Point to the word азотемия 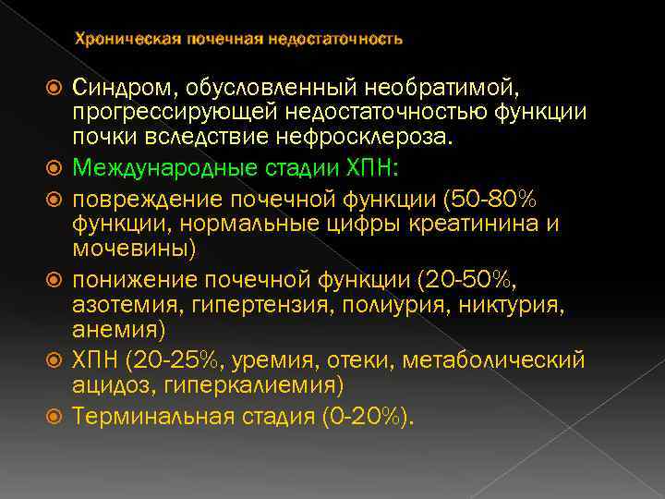coord(120,304)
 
